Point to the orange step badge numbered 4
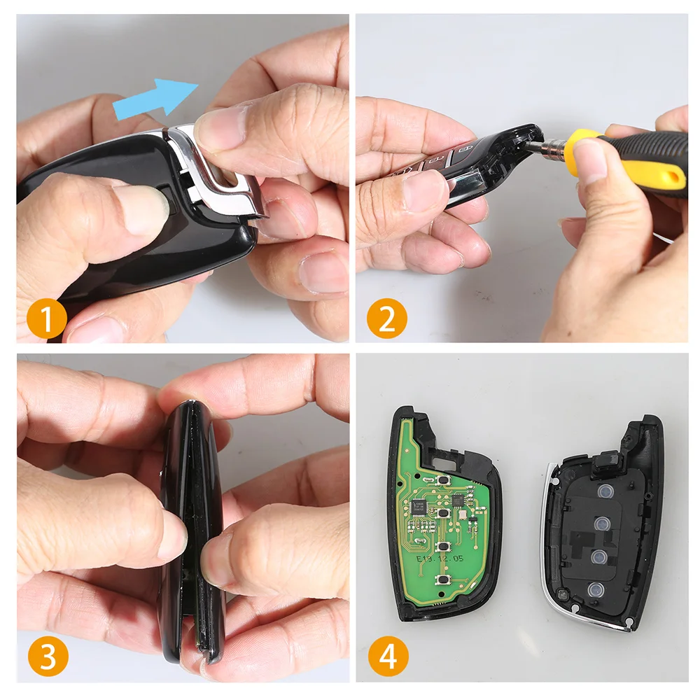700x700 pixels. coord(386,657)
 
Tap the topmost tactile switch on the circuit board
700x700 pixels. coord(442,480)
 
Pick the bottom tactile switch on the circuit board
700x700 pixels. coord(443,580)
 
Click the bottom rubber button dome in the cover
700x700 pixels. coord(596,588)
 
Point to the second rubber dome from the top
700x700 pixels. coord(600,523)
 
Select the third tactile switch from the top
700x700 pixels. coord(442,546)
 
